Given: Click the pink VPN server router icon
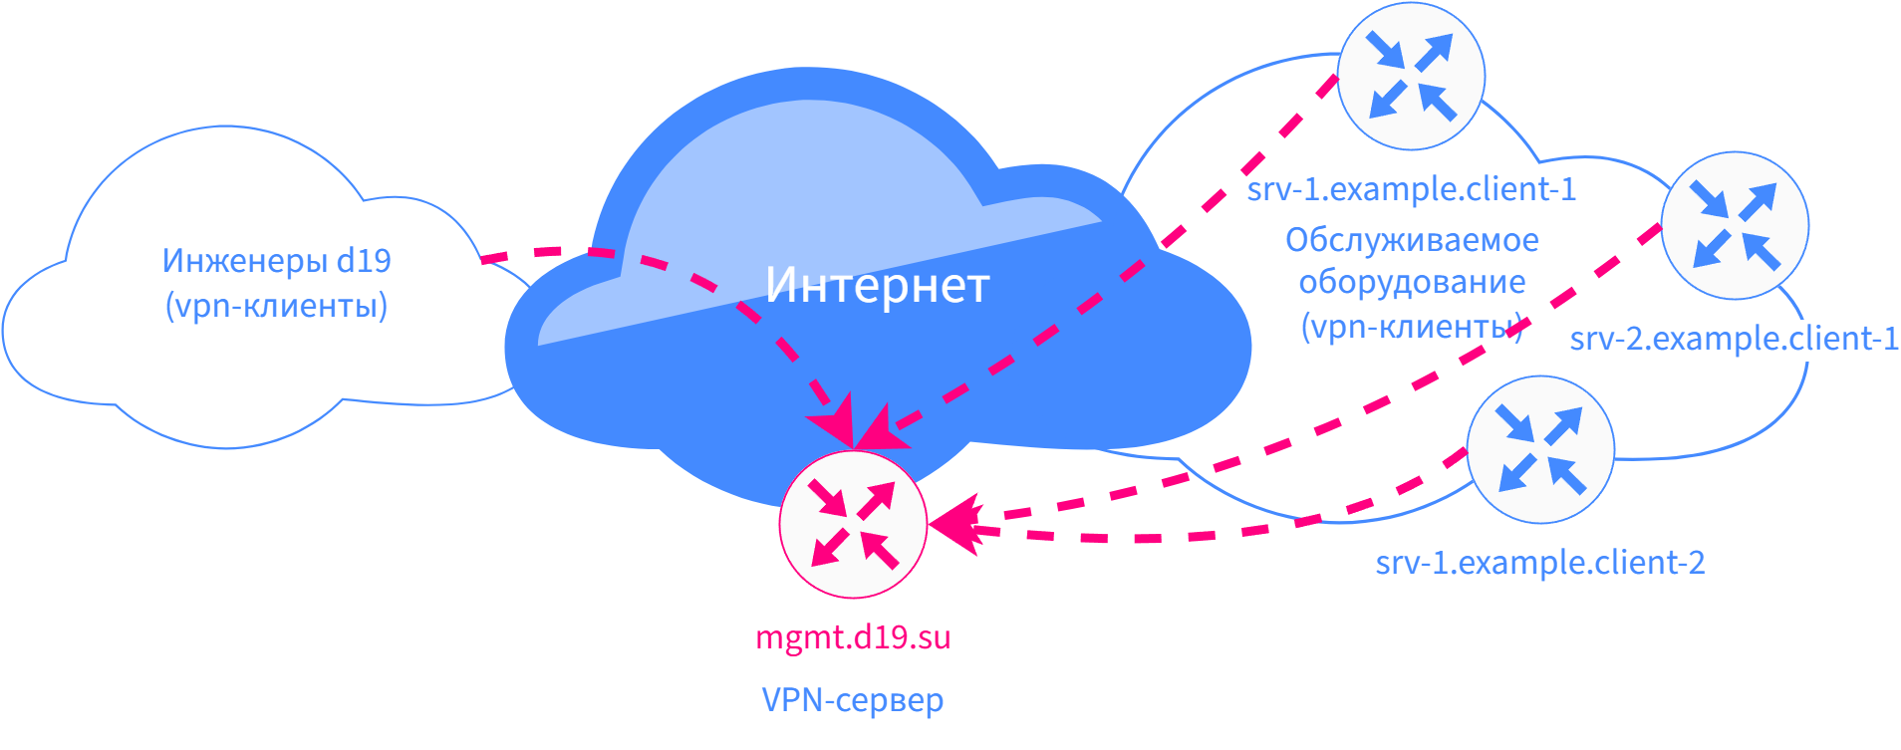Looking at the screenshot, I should [x=853, y=524].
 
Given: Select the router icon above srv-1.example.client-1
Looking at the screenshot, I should [x=1411, y=76].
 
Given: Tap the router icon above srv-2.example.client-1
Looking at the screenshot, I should [x=1735, y=225].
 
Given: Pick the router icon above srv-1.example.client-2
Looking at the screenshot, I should [x=1540, y=449].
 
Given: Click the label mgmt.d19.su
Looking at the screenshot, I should [x=853, y=637].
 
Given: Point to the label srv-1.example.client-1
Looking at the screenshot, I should [x=1412, y=189].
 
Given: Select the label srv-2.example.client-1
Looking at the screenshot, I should [x=1734, y=339].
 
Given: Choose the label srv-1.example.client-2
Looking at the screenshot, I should [x=1540, y=563].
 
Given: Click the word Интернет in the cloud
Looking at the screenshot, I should [x=877, y=286].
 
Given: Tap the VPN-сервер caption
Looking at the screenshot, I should [x=853, y=700].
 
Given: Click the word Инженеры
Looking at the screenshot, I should [x=244, y=261].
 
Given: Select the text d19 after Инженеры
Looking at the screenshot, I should [x=364, y=261].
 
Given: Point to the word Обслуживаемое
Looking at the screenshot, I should [x=1412, y=240].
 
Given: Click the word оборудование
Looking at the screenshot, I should [x=1412, y=283].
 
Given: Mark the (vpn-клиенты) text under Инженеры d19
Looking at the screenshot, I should [x=276, y=306].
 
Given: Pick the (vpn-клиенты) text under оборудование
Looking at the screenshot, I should [x=1412, y=327].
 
